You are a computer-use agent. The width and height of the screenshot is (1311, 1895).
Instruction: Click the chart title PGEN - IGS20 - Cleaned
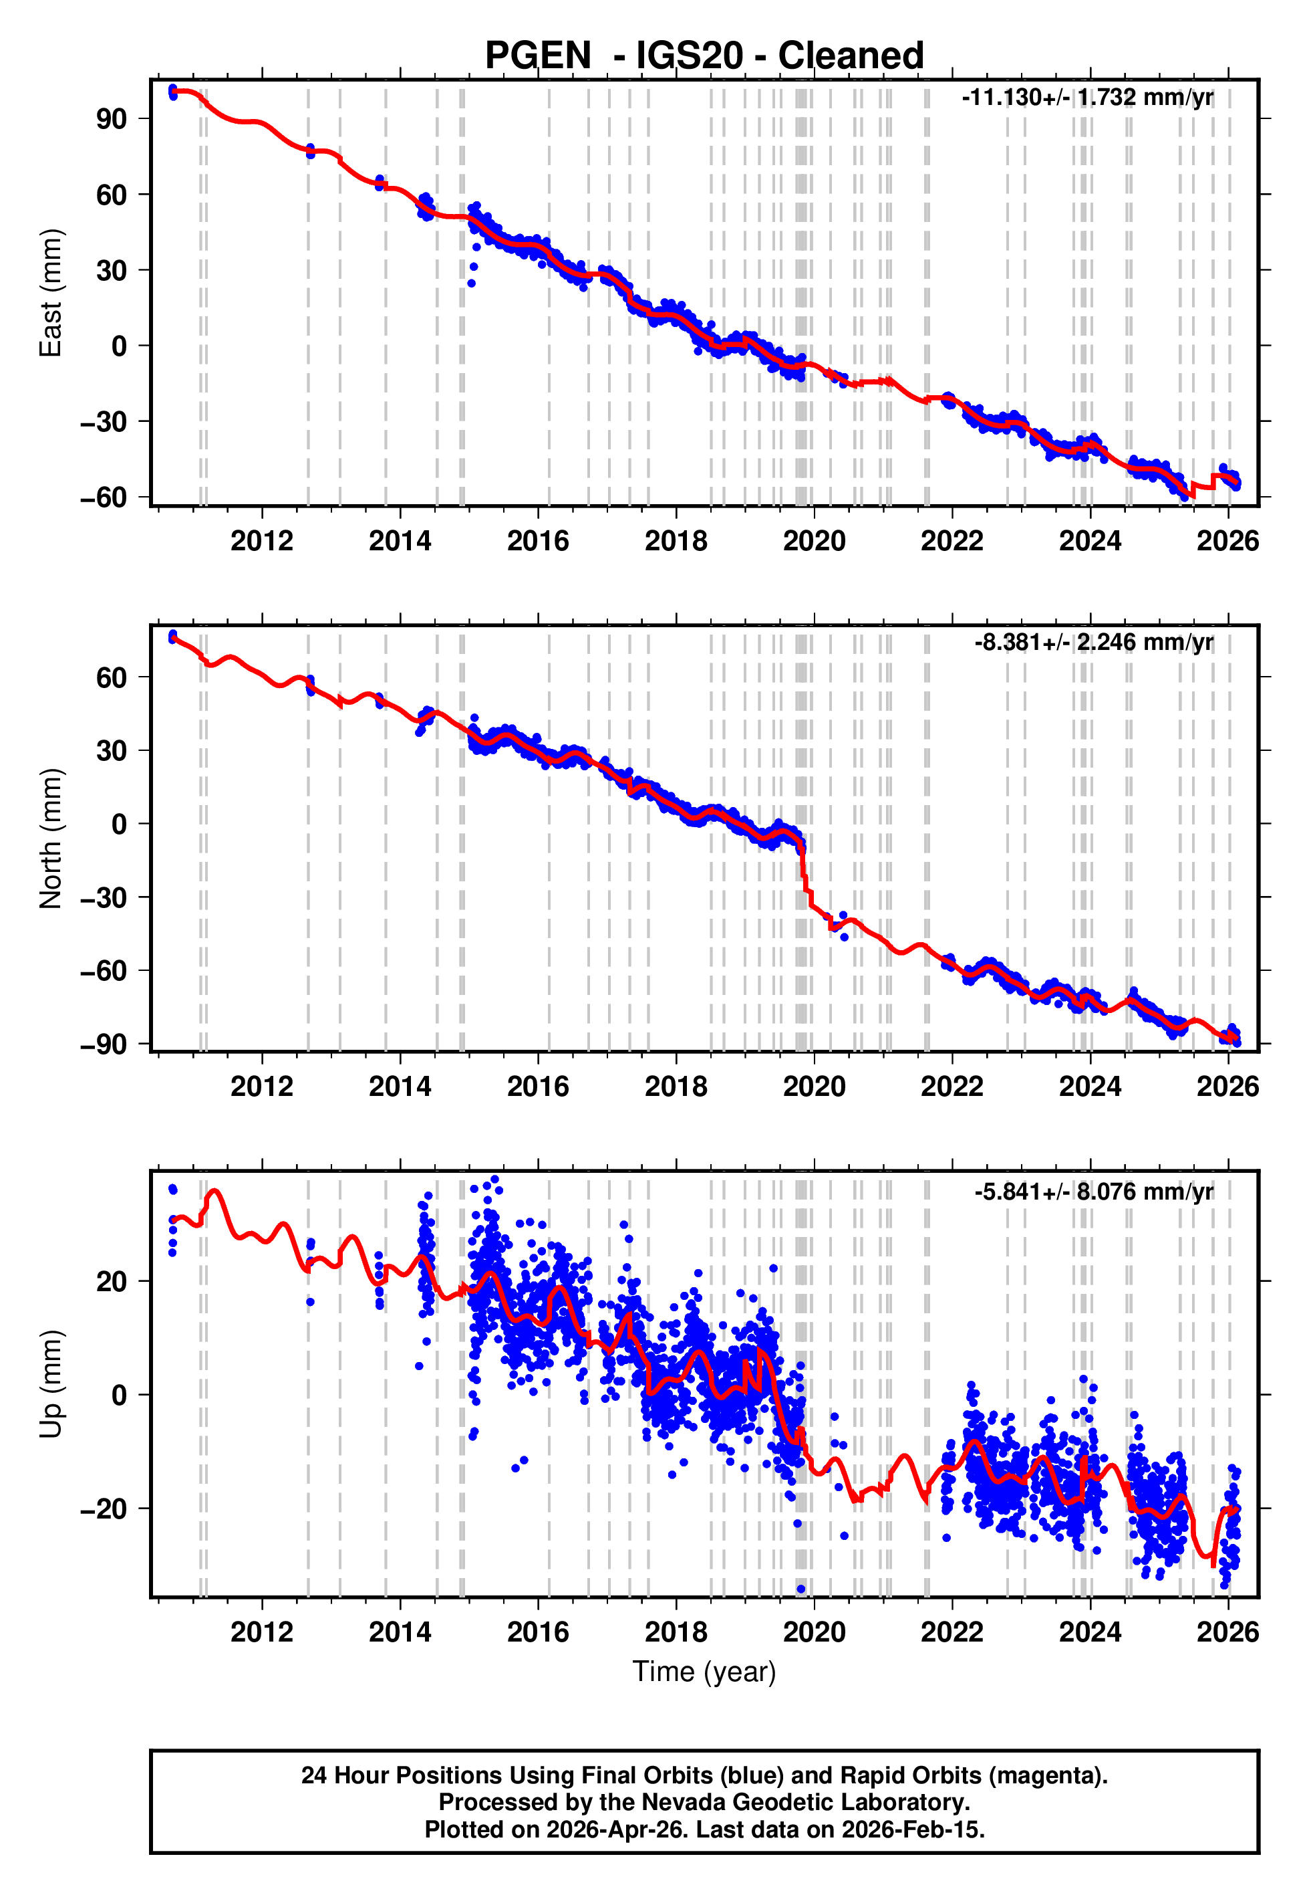pyautogui.click(x=704, y=56)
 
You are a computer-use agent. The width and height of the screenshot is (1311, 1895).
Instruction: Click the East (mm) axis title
pyautogui.click(x=51, y=293)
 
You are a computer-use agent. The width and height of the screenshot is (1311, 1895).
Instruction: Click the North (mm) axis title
pyautogui.click(x=51, y=839)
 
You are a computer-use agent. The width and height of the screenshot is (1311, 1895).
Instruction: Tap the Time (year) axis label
pyautogui.click(x=704, y=1672)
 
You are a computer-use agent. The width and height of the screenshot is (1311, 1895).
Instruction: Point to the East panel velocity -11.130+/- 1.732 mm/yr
pyautogui.click(x=1086, y=98)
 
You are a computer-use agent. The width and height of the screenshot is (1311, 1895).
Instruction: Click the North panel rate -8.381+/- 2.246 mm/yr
pyautogui.click(x=1093, y=642)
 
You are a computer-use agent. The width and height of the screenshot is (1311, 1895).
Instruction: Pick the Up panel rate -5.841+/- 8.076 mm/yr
pyautogui.click(x=1093, y=1192)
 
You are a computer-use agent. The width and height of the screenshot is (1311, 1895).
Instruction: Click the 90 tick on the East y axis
pyautogui.click(x=111, y=119)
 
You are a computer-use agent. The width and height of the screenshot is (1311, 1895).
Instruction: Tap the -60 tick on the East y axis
pyautogui.click(x=104, y=497)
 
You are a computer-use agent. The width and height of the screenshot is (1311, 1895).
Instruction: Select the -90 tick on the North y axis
pyautogui.click(x=104, y=1044)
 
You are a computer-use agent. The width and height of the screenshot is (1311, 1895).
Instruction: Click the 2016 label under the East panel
pyautogui.click(x=537, y=542)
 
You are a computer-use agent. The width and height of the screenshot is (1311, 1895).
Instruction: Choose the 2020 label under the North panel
pyautogui.click(x=813, y=1087)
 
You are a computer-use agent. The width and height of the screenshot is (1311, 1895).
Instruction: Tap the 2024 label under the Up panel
pyautogui.click(x=1089, y=1632)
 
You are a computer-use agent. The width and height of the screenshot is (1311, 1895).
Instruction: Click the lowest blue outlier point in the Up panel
pyautogui.click(x=801, y=1589)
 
